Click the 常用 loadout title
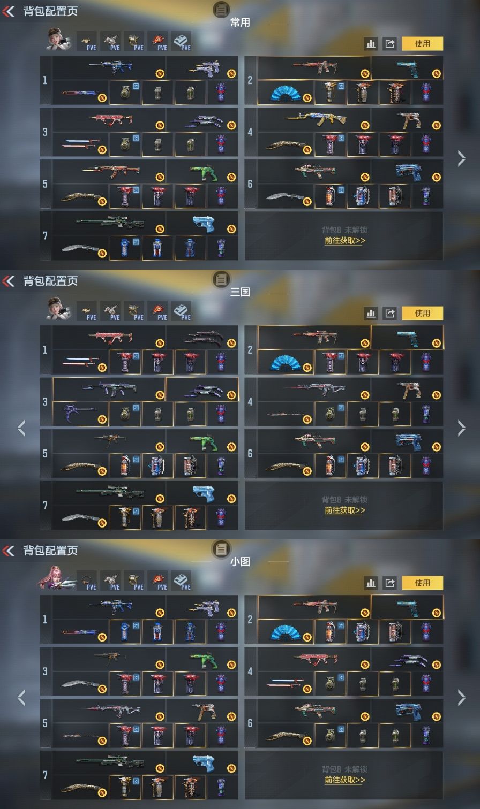(240, 22)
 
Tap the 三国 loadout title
(240, 292)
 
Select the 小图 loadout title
(240, 562)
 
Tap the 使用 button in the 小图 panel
(422, 583)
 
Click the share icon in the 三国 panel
(389, 313)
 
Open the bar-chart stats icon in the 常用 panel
(371, 44)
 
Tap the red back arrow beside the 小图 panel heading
(9, 551)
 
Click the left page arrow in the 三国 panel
(21, 428)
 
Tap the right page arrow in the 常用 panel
(461, 158)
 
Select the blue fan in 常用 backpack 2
(284, 93)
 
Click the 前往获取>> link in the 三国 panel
(344, 510)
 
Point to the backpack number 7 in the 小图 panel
(45, 775)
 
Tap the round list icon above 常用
(221, 9)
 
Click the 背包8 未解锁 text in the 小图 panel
(344, 769)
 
